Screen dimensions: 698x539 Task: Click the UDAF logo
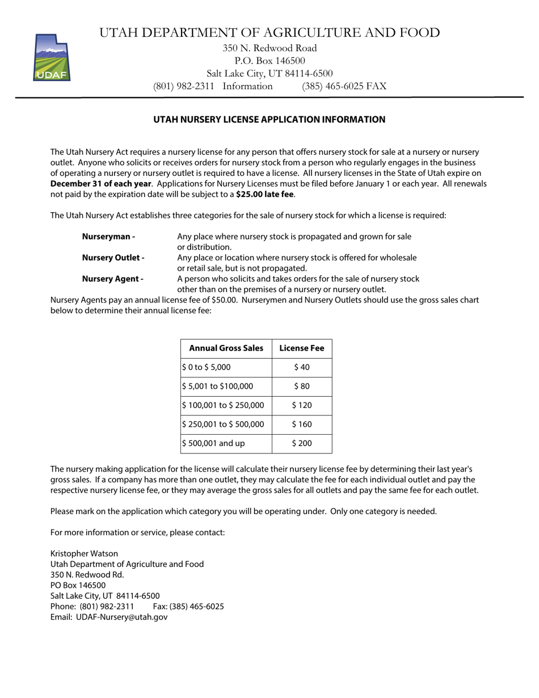pos(52,57)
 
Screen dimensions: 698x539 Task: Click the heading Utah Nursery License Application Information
pos(269,120)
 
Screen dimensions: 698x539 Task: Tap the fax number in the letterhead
pos(344,86)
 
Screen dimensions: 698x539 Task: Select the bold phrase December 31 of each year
pos(101,184)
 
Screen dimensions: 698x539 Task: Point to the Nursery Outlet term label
pos(113,258)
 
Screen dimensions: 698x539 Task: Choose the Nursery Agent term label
pos(112,279)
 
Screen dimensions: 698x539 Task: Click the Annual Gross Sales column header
pos(226,348)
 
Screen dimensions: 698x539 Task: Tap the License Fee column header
pos(302,348)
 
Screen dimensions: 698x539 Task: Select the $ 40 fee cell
pos(302,367)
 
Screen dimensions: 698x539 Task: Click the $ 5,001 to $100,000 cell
pos(217,386)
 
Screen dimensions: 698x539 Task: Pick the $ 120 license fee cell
pos(302,405)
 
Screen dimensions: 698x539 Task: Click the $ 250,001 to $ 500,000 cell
pos(223,424)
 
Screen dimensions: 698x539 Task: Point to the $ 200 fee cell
pos(302,443)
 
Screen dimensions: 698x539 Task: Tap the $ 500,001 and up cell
pos(214,443)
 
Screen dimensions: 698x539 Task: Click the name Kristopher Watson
pos(84,553)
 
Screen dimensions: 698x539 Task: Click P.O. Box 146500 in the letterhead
pos(269,61)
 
